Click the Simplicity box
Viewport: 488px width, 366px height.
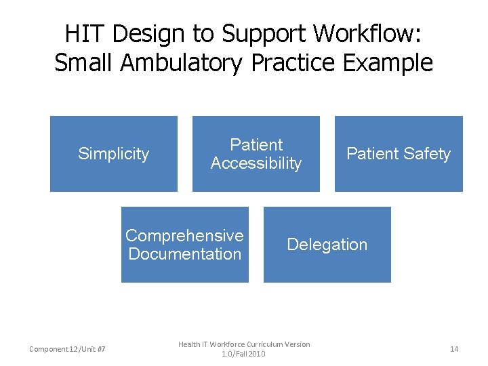(x=113, y=154)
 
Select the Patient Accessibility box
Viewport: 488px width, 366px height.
(x=256, y=154)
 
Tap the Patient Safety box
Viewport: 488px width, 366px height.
(x=399, y=154)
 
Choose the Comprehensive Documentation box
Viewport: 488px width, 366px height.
(x=184, y=245)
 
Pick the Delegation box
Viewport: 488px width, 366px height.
(x=327, y=245)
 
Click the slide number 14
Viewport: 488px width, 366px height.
(x=454, y=349)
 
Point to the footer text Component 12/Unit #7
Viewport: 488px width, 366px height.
(x=67, y=349)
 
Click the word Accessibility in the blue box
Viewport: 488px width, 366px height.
(x=256, y=163)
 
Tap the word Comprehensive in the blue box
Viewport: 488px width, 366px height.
(x=184, y=236)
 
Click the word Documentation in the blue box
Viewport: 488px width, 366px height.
(x=184, y=254)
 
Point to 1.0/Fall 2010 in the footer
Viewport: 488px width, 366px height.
(x=244, y=354)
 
